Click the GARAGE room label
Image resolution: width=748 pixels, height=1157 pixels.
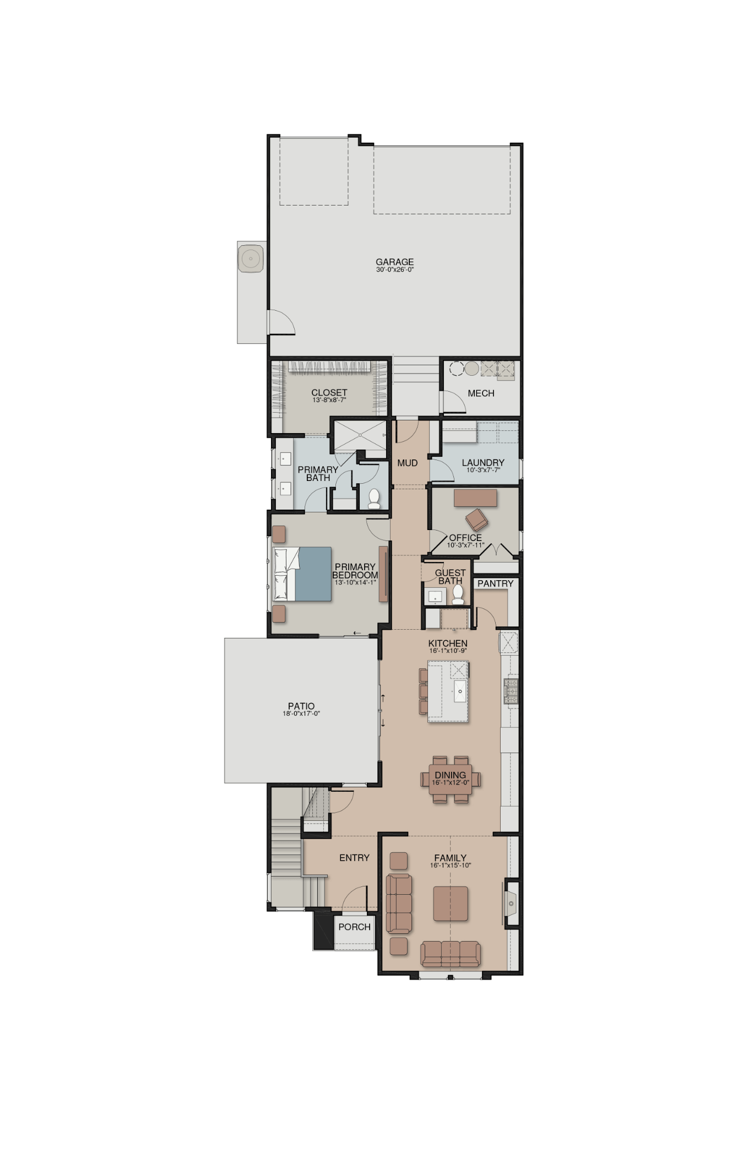(x=394, y=262)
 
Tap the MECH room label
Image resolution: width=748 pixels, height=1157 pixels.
(x=481, y=393)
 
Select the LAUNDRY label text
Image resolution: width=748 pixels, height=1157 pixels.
(x=483, y=463)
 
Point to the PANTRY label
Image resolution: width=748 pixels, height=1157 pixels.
(x=495, y=583)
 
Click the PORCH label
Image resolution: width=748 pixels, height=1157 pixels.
(x=354, y=927)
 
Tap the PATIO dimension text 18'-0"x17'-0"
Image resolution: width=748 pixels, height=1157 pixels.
(x=301, y=713)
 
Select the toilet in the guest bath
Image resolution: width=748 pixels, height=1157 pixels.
(x=458, y=595)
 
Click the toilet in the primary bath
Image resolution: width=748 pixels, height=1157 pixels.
(x=374, y=499)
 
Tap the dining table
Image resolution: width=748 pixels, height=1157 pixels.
(x=451, y=779)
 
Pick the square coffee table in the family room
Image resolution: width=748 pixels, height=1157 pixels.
(x=451, y=904)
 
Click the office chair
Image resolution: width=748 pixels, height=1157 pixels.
(x=476, y=520)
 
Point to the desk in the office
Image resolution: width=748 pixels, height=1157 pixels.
(x=475, y=498)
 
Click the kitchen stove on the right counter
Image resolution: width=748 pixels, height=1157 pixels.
(x=511, y=691)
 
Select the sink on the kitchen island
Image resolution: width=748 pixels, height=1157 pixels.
(x=460, y=691)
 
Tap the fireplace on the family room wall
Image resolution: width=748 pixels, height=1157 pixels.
(x=511, y=903)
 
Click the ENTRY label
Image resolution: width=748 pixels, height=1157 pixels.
(x=354, y=858)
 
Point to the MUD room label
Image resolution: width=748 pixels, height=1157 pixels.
(x=408, y=463)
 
